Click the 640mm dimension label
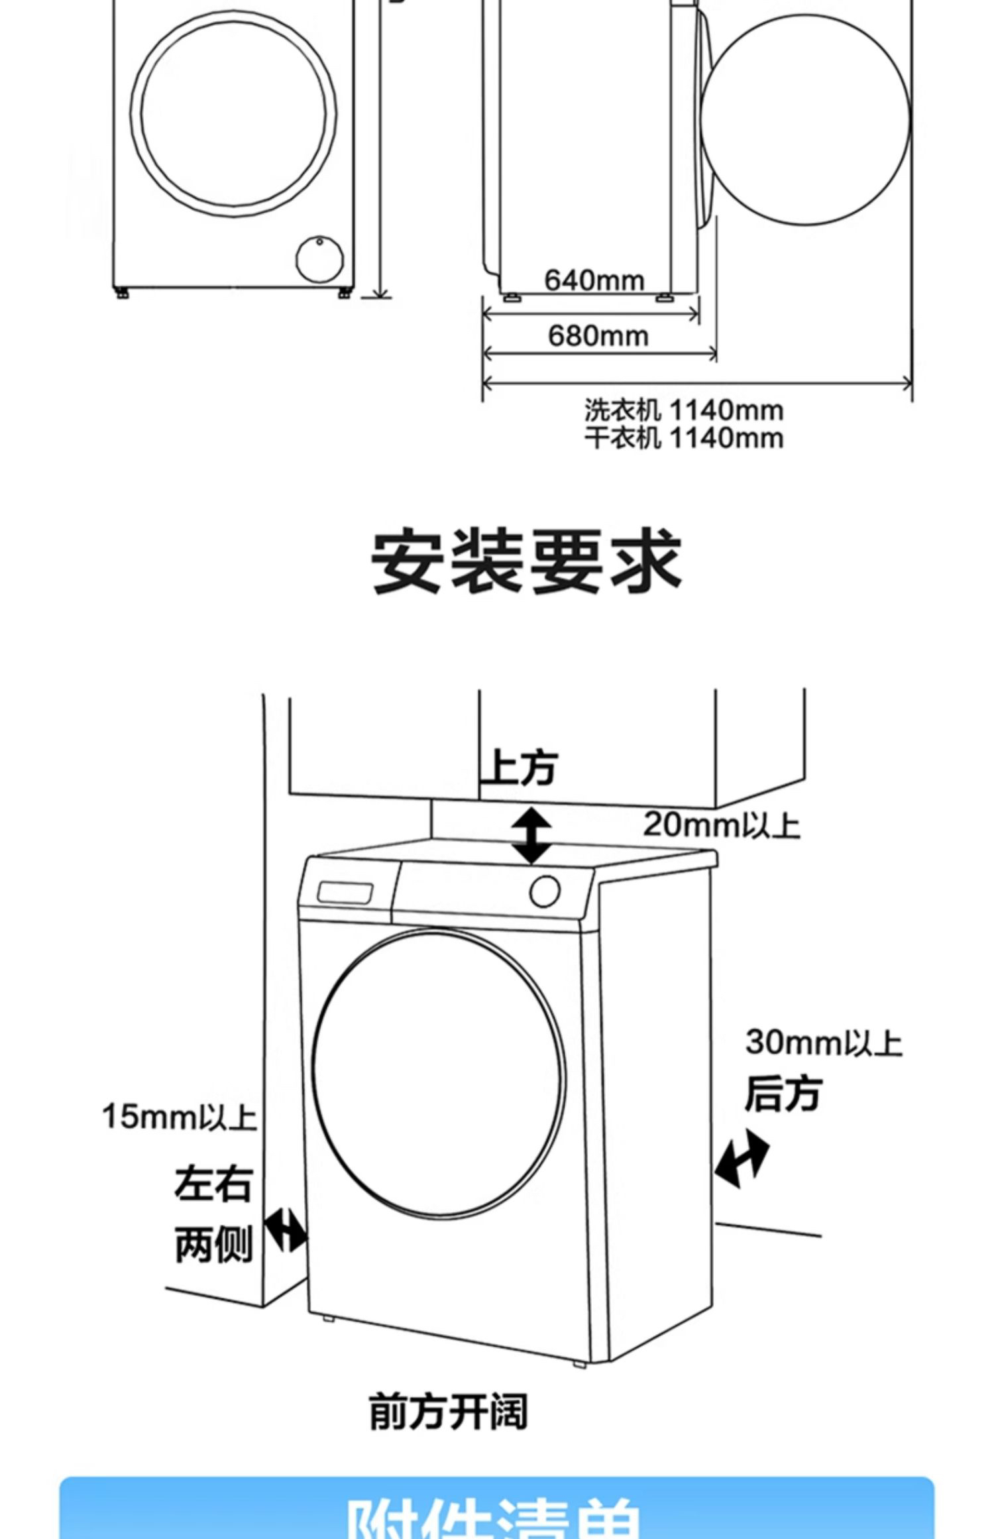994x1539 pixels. (x=594, y=280)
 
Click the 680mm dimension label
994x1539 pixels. (x=598, y=336)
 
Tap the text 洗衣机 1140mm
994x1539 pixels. (x=683, y=411)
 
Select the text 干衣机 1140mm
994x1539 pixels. (x=683, y=438)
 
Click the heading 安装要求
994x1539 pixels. (x=526, y=561)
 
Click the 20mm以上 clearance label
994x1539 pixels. (x=721, y=825)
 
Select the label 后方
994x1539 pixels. (x=783, y=1094)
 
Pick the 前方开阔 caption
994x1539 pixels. (x=449, y=1412)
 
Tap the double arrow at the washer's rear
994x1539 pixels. (x=742, y=1159)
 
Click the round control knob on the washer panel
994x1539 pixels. (x=545, y=891)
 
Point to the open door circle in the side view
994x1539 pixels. (x=805, y=120)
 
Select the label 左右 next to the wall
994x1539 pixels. (x=213, y=1184)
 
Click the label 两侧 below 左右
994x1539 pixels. (x=213, y=1245)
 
